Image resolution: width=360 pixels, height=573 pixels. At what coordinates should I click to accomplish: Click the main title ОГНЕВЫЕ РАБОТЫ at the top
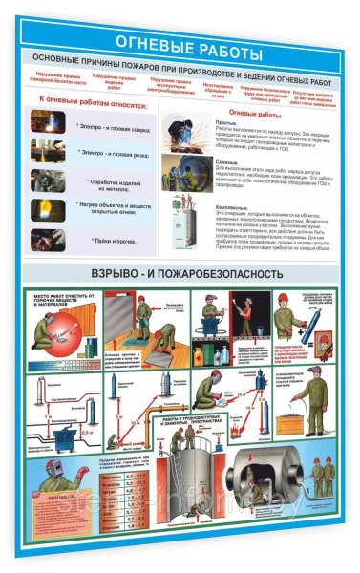[x=180, y=41]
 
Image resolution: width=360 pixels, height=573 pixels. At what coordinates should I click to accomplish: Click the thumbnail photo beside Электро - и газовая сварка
[x=46, y=122]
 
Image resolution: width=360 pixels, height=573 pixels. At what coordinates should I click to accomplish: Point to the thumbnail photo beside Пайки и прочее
[x=46, y=239]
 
